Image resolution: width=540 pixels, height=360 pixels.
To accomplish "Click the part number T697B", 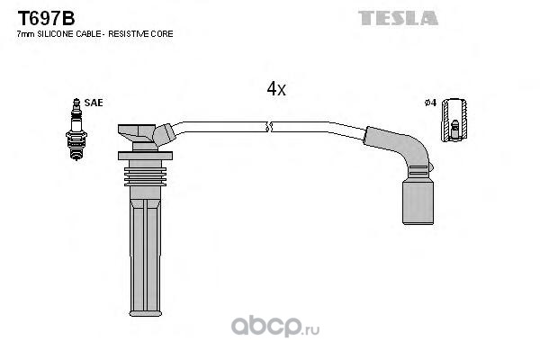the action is pyautogui.click(x=46, y=18).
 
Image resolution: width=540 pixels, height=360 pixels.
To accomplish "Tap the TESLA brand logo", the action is pyautogui.click(x=398, y=18).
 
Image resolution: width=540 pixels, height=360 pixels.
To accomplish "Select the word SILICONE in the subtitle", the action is pyautogui.click(x=56, y=34).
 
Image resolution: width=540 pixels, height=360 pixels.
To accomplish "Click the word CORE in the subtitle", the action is pyautogui.click(x=166, y=34).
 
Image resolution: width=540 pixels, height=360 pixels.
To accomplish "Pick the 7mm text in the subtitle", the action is pyautogui.click(x=26, y=34).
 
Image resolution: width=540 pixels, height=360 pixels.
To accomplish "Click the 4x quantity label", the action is pyautogui.click(x=276, y=88).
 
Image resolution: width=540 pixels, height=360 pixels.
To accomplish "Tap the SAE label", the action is pyautogui.click(x=94, y=103).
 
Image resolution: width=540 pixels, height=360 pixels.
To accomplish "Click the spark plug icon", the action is pyautogui.click(x=76, y=130).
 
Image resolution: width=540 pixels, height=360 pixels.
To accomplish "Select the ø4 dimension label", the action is pyautogui.click(x=430, y=103).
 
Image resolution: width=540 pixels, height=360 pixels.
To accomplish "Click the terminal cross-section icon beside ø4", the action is pyautogui.click(x=454, y=120).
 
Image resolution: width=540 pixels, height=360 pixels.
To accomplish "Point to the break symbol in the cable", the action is pyautogui.click(x=269, y=127).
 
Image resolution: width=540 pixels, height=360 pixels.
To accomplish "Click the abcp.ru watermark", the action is pyautogui.click(x=275, y=326).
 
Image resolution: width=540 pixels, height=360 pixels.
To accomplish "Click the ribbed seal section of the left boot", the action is pyautogui.click(x=145, y=176).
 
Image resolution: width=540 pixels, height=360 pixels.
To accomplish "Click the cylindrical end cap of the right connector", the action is pyautogui.click(x=418, y=202).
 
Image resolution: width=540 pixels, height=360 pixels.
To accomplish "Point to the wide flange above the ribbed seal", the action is pyautogui.click(x=145, y=156).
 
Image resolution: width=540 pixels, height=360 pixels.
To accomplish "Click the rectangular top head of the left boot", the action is pyautogui.click(x=137, y=133).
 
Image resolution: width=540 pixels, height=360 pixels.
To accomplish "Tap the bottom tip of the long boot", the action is pyautogui.click(x=145, y=314).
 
